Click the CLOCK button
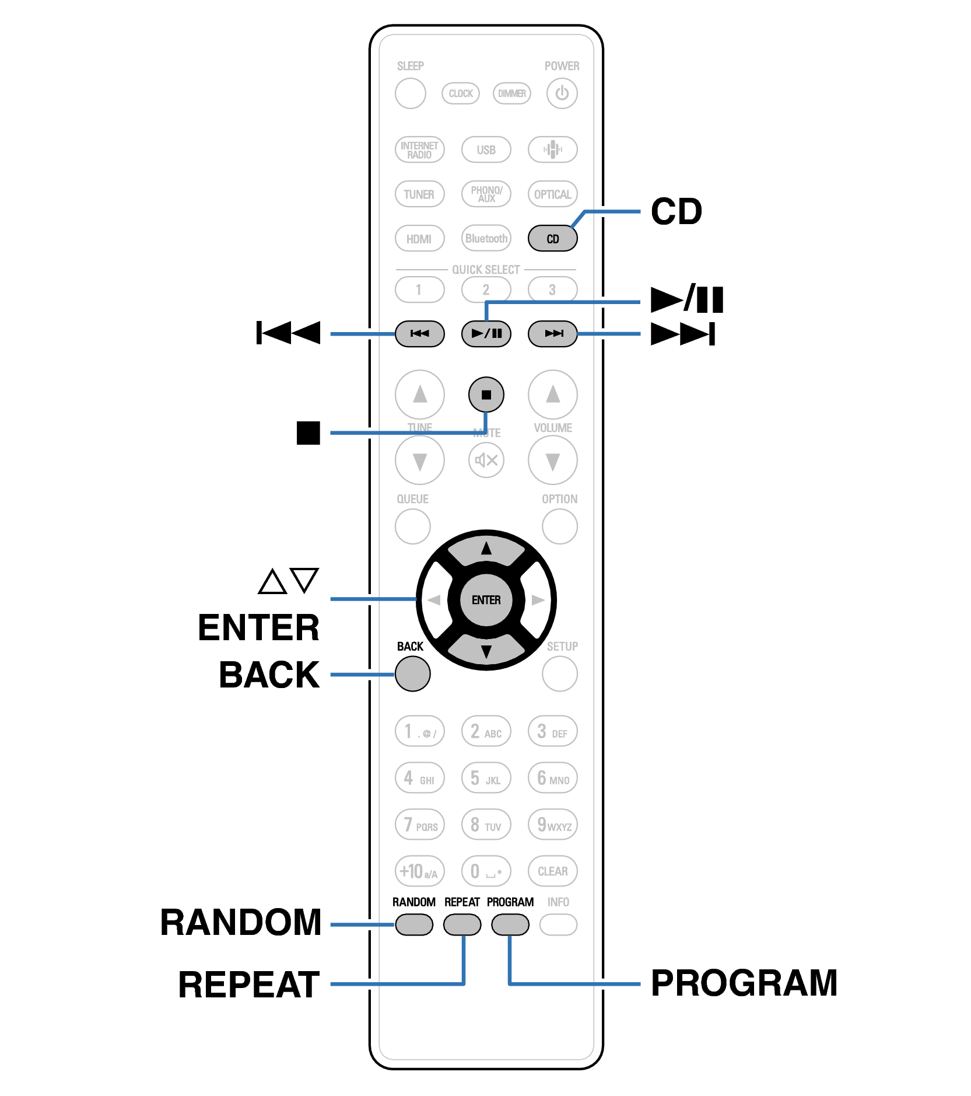pos(460,93)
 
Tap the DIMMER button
pos(511,93)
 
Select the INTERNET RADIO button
pos(419,149)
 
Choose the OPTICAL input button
pos(552,194)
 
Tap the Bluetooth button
pos(486,238)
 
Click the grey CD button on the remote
pos(552,238)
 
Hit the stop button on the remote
pos(486,395)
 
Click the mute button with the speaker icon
pos(486,460)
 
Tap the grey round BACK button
pos(412,673)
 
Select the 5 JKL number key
pos(486,778)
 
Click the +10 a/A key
pos(419,871)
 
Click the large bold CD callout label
pos(676,211)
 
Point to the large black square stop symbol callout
pos(308,432)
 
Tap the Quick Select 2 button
pos(486,289)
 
